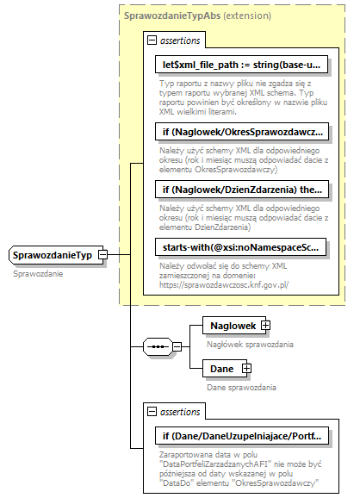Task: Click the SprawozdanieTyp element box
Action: click(x=53, y=255)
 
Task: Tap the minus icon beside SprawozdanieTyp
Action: click(x=102, y=255)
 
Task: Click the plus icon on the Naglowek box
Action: click(x=264, y=325)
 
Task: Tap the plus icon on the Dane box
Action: click(x=247, y=369)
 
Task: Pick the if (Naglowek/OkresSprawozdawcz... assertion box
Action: click(x=242, y=132)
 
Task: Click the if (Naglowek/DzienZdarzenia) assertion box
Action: click(x=242, y=189)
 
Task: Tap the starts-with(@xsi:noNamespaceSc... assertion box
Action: click(x=242, y=247)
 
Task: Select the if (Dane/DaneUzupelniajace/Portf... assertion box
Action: click(x=242, y=437)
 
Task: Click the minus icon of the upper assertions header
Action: click(x=152, y=40)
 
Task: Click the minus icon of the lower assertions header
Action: click(x=152, y=412)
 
